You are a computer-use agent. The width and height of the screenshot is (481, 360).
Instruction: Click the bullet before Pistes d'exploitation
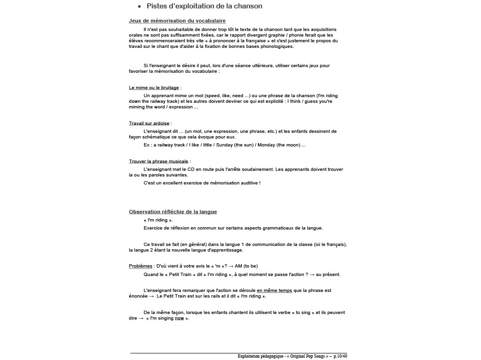coord(140,7)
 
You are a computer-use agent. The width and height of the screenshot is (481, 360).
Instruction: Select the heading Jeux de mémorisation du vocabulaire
coord(177,21)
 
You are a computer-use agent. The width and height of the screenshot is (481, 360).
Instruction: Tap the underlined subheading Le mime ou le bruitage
coord(154,88)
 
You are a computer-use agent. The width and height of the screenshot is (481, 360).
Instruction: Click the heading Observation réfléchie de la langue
coord(173,212)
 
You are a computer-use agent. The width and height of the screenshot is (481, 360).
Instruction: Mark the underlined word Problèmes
coord(140,266)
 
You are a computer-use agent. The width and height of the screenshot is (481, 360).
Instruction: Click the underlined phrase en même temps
coord(274,291)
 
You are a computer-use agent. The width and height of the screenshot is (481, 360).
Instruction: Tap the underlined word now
coord(179,318)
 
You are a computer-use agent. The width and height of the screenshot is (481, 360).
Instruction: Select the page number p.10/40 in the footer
coord(341,356)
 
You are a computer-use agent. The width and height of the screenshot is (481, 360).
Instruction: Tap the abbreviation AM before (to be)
coord(238,266)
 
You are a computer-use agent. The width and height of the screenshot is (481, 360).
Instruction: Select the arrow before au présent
coord(312,275)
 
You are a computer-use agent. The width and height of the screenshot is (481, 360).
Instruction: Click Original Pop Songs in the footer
coord(308,356)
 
